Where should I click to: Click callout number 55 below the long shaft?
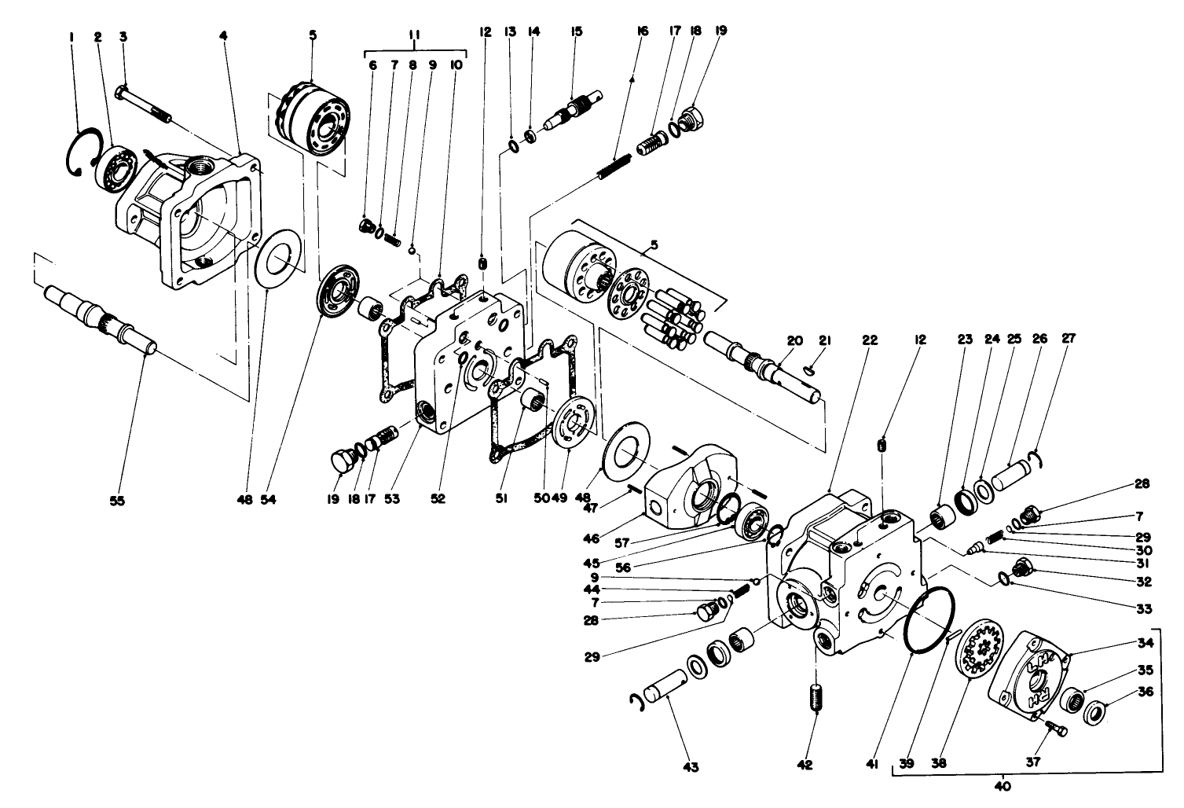click(x=116, y=499)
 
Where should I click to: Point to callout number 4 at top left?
click(x=223, y=35)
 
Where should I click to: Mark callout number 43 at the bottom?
click(x=691, y=766)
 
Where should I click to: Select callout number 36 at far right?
click(x=1145, y=692)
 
